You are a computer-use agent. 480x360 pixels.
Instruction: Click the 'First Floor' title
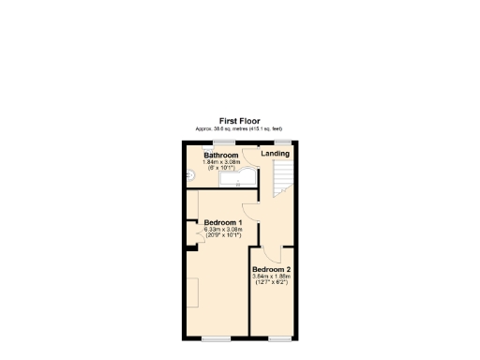238,121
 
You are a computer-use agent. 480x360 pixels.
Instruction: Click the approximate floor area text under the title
238,128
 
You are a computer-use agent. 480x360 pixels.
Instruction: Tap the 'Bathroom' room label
221,156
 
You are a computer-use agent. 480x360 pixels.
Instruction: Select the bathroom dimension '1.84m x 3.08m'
221,162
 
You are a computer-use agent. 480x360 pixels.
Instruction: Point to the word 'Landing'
275,154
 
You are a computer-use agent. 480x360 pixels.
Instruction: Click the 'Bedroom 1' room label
223,222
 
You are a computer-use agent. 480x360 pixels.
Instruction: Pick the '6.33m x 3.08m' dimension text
223,229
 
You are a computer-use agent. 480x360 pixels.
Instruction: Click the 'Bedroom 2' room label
271,269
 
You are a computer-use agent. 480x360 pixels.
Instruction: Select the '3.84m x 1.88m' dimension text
271,276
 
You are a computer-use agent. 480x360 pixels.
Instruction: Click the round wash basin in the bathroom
188,174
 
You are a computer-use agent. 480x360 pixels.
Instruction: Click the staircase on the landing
282,178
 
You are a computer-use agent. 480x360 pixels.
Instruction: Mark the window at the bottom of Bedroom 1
215,337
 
